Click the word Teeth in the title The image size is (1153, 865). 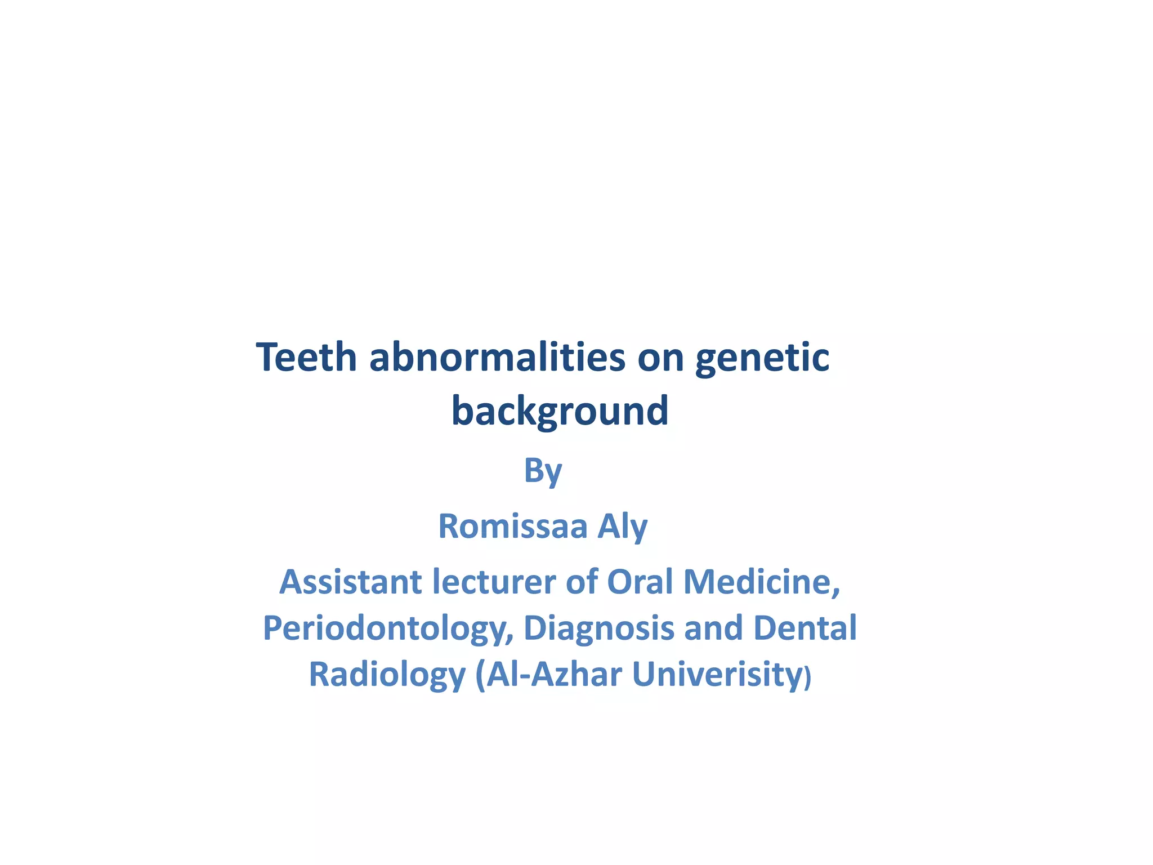[x=307, y=358]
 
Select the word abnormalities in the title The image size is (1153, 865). [x=497, y=358]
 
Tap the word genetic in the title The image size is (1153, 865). [x=762, y=359]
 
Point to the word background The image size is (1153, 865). [x=560, y=411]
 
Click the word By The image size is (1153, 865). [x=543, y=471]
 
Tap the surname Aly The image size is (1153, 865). [x=622, y=527]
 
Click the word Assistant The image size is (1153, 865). [x=351, y=582]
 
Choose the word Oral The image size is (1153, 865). [x=640, y=582]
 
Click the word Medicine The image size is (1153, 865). [x=762, y=582]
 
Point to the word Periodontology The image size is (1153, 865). [x=388, y=629]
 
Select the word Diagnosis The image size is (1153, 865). [x=599, y=629]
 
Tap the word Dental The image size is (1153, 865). [x=805, y=628]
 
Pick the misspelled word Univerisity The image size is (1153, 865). [x=717, y=675]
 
